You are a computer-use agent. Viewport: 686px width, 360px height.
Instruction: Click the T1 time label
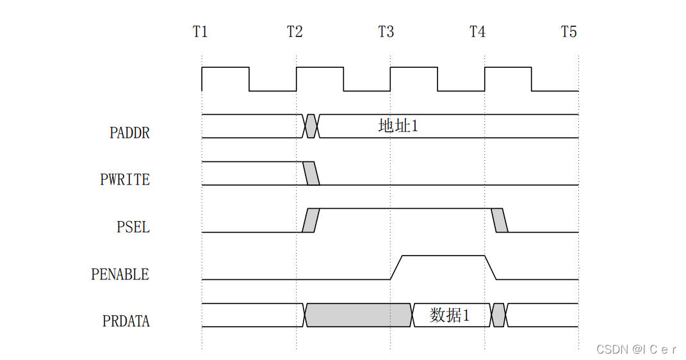[200, 32]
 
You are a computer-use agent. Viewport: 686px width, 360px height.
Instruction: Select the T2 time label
[295, 32]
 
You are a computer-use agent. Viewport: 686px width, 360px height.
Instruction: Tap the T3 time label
[386, 32]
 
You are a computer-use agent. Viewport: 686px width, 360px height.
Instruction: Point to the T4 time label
[478, 32]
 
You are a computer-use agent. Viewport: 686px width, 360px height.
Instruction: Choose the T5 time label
[569, 32]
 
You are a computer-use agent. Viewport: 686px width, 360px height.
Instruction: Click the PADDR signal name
[129, 133]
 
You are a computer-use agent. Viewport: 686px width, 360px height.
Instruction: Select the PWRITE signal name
[125, 180]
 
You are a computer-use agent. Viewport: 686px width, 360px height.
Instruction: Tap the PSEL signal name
[133, 227]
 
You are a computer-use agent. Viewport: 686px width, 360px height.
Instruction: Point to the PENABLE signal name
[120, 275]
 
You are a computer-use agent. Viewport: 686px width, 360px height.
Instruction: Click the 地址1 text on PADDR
[398, 126]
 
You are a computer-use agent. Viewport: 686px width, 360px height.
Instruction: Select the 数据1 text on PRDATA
[450, 315]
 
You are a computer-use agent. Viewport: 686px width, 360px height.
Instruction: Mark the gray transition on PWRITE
[311, 174]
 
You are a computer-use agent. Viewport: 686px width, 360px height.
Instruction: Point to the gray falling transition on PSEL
[500, 220]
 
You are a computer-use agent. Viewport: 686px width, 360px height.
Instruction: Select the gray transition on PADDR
[311, 126]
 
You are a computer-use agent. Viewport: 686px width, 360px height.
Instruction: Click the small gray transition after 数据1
[499, 315]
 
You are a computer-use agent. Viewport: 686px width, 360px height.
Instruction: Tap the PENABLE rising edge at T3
[396, 268]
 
